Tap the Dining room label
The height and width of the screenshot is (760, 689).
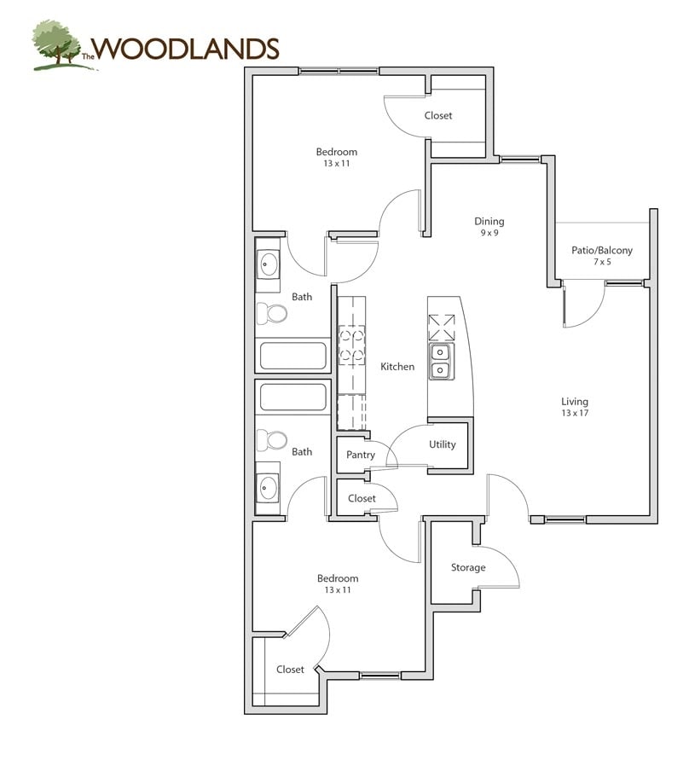(x=489, y=221)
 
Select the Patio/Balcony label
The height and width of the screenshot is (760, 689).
(x=602, y=250)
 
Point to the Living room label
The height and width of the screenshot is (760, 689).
(x=575, y=402)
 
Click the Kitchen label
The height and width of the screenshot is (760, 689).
(x=397, y=367)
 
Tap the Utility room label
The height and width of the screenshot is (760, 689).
(x=443, y=444)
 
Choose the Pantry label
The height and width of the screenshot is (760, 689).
(x=361, y=455)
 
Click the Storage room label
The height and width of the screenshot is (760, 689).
(x=468, y=567)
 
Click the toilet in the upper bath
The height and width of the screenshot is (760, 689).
(x=272, y=314)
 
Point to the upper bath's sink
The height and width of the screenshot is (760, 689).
(x=268, y=264)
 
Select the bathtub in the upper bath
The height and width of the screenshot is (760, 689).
(x=292, y=356)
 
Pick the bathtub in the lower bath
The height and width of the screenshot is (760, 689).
(x=292, y=397)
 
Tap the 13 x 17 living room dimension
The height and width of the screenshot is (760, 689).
(x=575, y=413)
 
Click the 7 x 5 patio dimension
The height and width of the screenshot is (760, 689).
(x=602, y=262)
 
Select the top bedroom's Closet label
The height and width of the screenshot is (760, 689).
(x=438, y=115)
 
